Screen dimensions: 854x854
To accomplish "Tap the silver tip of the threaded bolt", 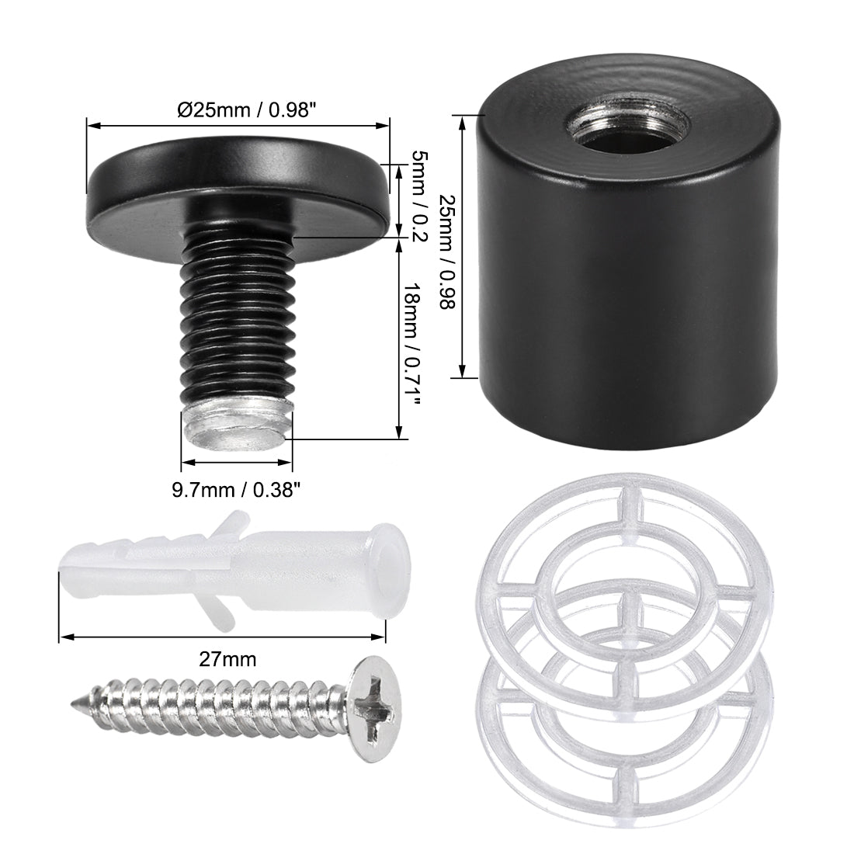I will (237, 429).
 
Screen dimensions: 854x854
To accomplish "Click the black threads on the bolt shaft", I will (237, 311).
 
